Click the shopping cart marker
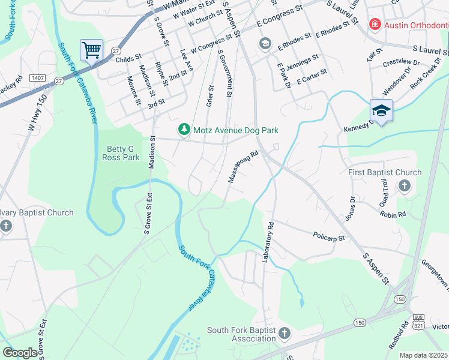[x=91, y=50]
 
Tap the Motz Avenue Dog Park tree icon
[x=184, y=130]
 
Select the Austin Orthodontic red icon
[x=375, y=24]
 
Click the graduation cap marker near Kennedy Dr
[x=381, y=110]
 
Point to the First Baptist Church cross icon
[x=404, y=185]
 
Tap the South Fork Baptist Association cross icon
[x=284, y=333]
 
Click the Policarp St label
[x=329, y=237]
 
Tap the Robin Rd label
[x=393, y=214]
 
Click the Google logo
[x=20, y=353]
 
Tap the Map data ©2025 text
[x=423, y=355]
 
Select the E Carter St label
[x=310, y=74]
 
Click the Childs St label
[x=128, y=59]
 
